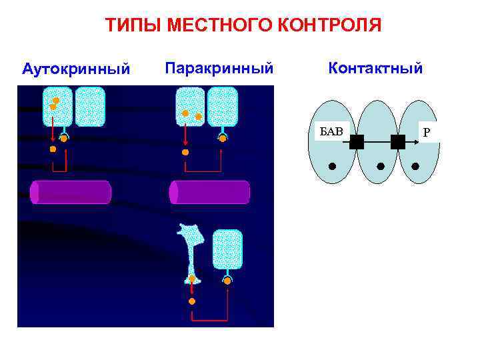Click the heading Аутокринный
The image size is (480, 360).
click(x=76, y=69)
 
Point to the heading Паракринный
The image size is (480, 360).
click(x=219, y=68)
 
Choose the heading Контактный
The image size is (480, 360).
click(x=375, y=68)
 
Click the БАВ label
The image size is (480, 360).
click(x=331, y=130)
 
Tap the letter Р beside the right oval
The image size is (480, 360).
click(x=427, y=133)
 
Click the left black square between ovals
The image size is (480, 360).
click(x=356, y=141)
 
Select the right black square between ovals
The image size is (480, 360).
click(x=398, y=141)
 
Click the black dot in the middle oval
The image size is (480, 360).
click(x=381, y=165)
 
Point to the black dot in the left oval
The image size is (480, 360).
click(x=332, y=165)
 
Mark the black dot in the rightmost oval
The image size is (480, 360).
click(x=415, y=165)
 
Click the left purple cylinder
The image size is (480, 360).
click(x=71, y=192)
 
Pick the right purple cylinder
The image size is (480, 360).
click(x=209, y=192)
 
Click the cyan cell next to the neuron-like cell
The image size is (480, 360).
click(x=227, y=249)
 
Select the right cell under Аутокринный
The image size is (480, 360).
click(x=90, y=107)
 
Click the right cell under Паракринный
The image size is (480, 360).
click(x=222, y=107)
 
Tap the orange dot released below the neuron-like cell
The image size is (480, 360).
click(x=192, y=301)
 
